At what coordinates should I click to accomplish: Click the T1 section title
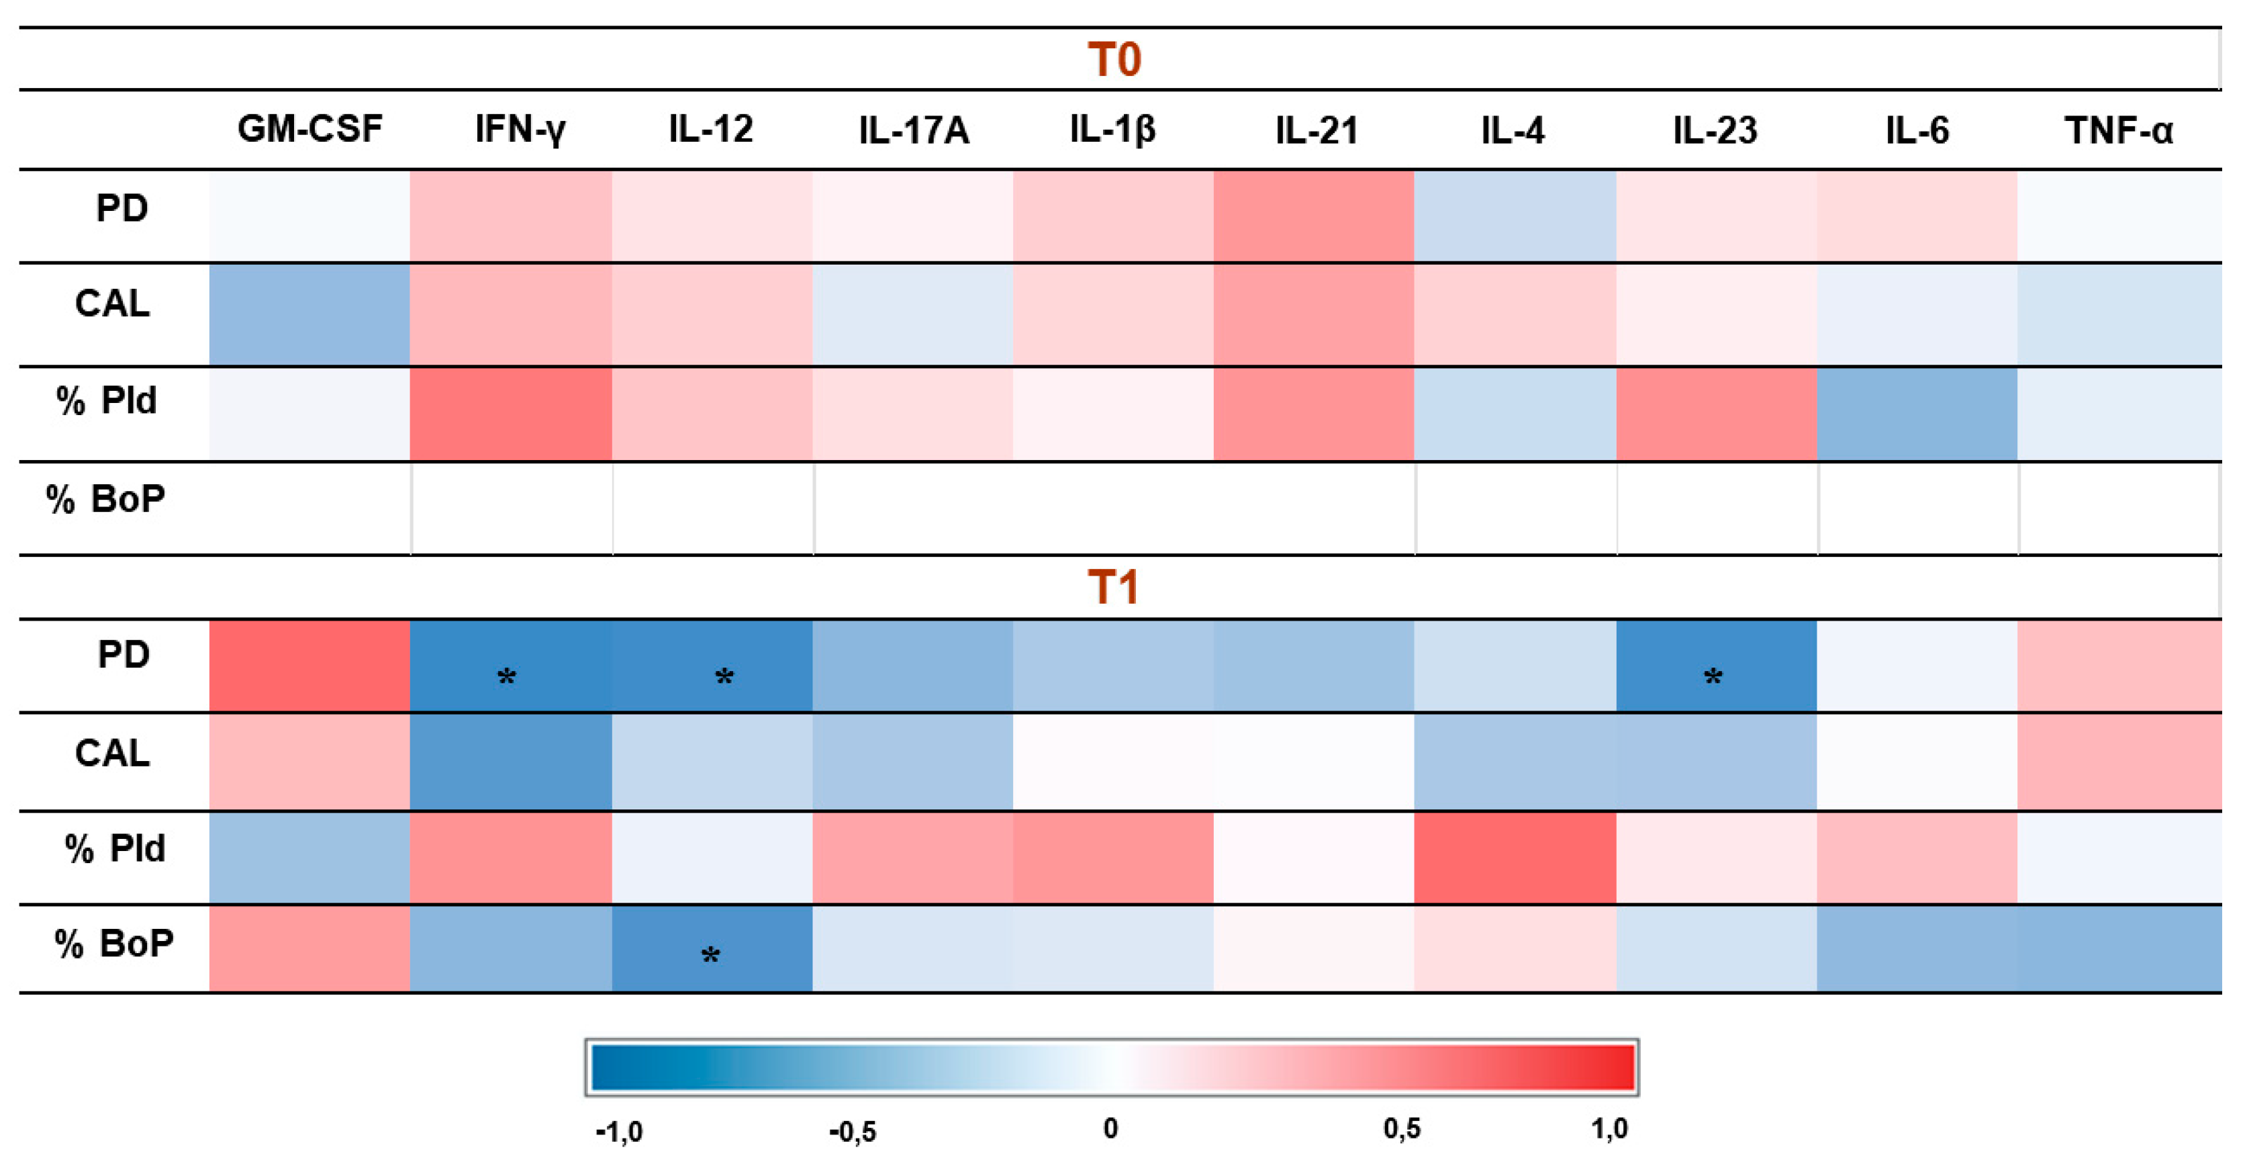(1114, 588)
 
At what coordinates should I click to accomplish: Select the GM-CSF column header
(309, 129)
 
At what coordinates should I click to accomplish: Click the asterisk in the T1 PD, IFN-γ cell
(506, 676)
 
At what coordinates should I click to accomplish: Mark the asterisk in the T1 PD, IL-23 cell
(1713, 676)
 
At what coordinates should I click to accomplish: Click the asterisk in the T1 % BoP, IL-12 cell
(710, 955)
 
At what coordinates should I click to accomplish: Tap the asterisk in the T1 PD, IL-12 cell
(723, 676)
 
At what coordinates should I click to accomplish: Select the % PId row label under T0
(106, 401)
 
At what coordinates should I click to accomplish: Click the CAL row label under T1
(112, 753)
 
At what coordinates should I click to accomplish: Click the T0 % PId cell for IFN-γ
(511, 413)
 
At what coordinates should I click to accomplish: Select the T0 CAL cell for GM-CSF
(309, 314)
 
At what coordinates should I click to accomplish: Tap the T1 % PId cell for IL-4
(1515, 858)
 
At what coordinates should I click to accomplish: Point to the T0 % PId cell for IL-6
(1917, 413)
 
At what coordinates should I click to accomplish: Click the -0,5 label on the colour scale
(853, 1132)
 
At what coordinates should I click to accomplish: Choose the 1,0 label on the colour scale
(1609, 1129)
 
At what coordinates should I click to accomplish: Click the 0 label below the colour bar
(1110, 1129)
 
